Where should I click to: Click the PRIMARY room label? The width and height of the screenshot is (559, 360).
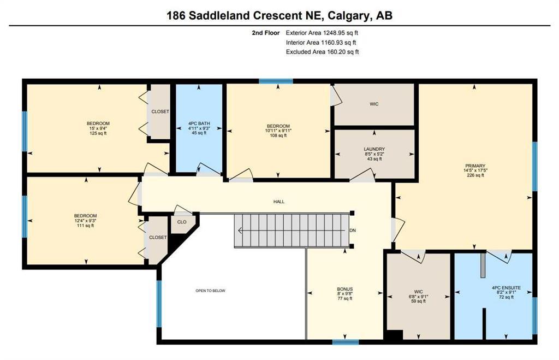(x=475, y=166)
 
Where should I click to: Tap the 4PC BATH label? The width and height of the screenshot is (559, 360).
(x=199, y=123)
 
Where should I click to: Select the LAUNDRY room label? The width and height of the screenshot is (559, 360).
(x=374, y=149)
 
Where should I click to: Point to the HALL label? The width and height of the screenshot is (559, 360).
(x=279, y=202)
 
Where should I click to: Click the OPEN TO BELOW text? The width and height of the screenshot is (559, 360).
(x=210, y=291)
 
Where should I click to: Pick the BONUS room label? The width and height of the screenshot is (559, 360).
(x=345, y=289)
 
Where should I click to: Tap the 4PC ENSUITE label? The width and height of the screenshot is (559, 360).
(x=506, y=287)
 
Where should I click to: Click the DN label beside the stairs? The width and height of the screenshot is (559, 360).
(x=353, y=231)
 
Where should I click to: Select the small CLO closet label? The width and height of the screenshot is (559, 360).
(x=182, y=222)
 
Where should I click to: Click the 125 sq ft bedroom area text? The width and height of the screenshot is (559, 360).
(x=98, y=133)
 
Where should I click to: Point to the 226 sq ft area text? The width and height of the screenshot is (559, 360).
(x=475, y=175)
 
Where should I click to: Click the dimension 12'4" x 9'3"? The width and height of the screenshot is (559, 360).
(x=86, y=221)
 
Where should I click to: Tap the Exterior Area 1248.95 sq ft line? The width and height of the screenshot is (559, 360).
(x=322, y=33)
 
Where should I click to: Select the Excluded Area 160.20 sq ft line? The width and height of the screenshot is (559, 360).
(x=322, y=52)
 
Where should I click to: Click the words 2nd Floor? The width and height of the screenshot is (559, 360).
(x=266, y=33)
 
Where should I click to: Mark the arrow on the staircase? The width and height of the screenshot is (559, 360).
(x=293, y=231)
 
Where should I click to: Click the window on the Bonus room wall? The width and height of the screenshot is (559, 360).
(x=346, y=342)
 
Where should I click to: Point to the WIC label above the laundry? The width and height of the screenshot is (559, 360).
(x=374, y=104)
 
